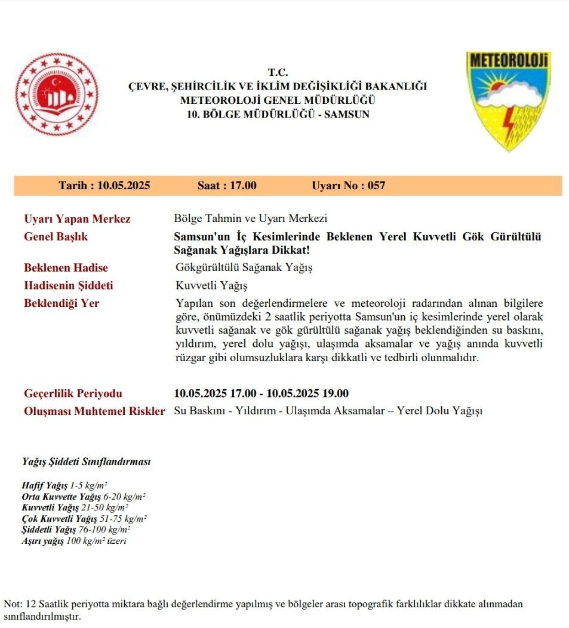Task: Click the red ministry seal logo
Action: [57, 94]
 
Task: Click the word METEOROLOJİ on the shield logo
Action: [509, 61]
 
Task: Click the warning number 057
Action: [376, 186]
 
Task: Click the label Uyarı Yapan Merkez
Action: [77, 219]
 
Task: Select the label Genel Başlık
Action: [56, 236]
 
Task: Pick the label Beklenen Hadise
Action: [66, 267]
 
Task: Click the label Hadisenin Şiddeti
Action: [68, 285]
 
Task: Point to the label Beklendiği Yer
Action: [61, 303]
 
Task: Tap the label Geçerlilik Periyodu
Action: [73, 393]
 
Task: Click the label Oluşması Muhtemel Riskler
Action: [94, 411]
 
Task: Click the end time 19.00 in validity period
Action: [336, 393]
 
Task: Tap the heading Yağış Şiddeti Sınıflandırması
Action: [86, 462]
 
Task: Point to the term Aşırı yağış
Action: [42, 541]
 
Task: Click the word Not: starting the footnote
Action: [13, 604]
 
